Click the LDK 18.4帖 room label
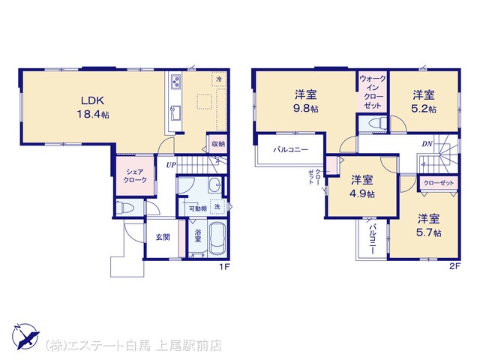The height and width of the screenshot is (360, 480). (93, 107)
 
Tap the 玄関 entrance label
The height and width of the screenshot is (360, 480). (163, 237)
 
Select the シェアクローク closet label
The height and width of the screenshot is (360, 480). (135, 176)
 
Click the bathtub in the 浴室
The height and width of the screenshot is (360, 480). (217, 238)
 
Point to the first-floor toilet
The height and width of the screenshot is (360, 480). (125, 208)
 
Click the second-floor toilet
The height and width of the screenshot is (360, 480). (377, 124)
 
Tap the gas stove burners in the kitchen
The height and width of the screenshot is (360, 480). (175, 82)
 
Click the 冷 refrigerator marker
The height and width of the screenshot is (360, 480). (219, 79)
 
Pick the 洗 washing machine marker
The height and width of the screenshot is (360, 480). (217, 207)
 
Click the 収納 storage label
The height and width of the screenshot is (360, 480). (218, 143)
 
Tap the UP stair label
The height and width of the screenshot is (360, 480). (171, 165)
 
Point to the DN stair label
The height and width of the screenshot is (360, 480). (427, 143)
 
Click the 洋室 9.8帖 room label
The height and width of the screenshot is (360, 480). (306, 101)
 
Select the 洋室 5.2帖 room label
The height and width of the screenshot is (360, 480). (424, 101)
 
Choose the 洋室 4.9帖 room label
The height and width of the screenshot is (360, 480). (362, 186)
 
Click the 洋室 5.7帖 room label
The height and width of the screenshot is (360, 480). (428, 225)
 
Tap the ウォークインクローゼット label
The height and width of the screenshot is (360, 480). (373, 91)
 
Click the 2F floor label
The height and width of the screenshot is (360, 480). (455, 266)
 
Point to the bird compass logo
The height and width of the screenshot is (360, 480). (25, 336)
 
